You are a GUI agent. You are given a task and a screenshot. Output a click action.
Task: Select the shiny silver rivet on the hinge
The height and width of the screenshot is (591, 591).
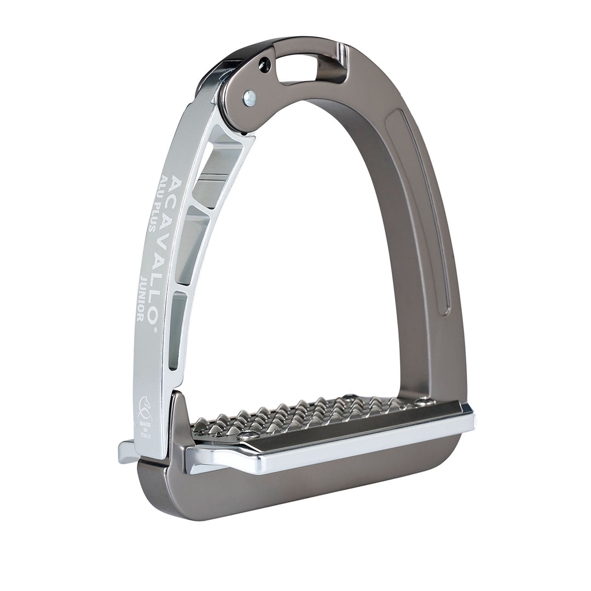[x=250, y=99]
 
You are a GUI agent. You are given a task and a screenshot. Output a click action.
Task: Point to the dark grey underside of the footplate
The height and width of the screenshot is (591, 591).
[x=306, y=487]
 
